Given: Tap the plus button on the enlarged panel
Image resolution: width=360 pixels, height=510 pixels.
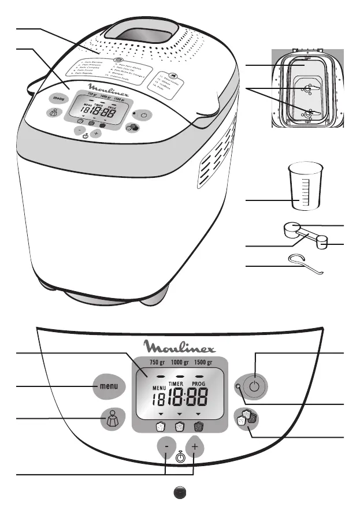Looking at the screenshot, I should [x=195, y=449].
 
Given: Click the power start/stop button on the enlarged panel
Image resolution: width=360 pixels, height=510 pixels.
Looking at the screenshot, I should [x=255, y=386].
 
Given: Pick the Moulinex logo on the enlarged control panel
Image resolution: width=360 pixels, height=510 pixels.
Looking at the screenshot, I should [x=179, y=347].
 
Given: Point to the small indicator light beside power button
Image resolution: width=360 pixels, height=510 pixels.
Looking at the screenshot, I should [x=237, y=386].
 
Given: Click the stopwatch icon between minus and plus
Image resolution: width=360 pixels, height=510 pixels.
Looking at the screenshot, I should [x=180, y=456].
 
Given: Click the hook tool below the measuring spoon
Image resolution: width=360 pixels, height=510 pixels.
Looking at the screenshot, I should [x=306, y=263].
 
